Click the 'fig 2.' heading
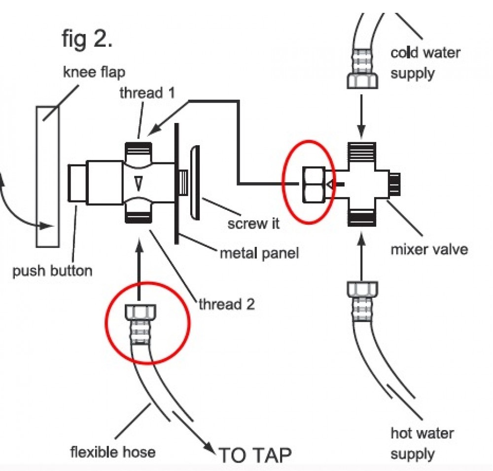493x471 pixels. (87, 39)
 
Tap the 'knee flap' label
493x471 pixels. (94, 73)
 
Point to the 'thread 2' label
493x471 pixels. (226, 305)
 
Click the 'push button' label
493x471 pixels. (52, 271)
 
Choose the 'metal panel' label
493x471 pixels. (259, 254)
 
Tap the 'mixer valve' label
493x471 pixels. (429, 248)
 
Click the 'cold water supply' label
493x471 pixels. (425, 63)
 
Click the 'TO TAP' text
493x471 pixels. (255, 454)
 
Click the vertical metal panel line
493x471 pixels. (176, 183)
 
